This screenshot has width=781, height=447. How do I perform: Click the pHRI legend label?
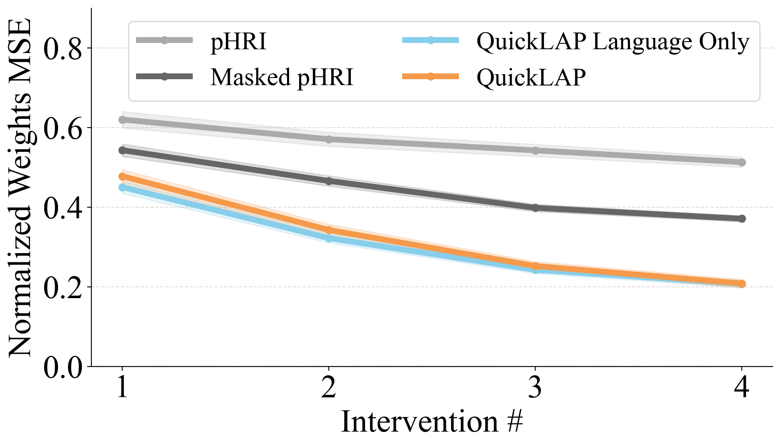238,42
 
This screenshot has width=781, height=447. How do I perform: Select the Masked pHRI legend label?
282,77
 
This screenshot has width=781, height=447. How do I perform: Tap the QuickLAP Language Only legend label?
612,42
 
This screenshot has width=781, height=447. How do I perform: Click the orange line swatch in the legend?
431,76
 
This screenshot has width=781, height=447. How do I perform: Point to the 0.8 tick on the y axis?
63,48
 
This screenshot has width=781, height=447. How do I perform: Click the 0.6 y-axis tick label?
63,128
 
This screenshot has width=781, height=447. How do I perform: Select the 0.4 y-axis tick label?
63,208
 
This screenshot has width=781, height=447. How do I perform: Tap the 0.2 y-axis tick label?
63,287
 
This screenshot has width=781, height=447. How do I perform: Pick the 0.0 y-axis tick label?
63,367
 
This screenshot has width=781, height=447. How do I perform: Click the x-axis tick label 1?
122,387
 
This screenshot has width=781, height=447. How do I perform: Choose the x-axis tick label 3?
535,387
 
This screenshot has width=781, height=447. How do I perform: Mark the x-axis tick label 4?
741,387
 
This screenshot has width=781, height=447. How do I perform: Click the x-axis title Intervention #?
432,422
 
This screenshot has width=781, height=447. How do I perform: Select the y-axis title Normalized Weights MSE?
20,188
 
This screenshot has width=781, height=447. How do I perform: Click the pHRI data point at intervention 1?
122,120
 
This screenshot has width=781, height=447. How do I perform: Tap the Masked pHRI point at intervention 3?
535,208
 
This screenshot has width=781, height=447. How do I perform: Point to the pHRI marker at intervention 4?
741,162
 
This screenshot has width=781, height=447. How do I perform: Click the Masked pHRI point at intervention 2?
329,181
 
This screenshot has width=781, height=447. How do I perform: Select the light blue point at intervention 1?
122,188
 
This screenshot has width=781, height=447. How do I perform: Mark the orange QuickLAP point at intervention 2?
329,230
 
